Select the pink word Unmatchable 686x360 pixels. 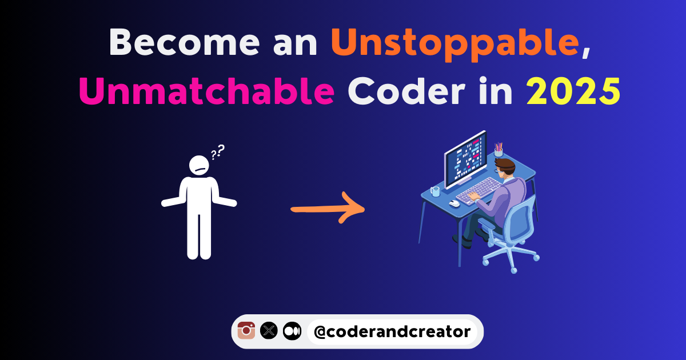point(206,91)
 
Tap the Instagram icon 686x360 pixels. point(246,330)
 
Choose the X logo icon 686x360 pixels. point(269,330)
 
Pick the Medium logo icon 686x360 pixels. point(292,330)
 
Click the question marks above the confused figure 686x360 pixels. point(218,151)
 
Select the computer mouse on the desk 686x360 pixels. point(454,203)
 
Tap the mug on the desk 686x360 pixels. point(436,191)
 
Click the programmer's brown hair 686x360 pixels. point(506,166)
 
